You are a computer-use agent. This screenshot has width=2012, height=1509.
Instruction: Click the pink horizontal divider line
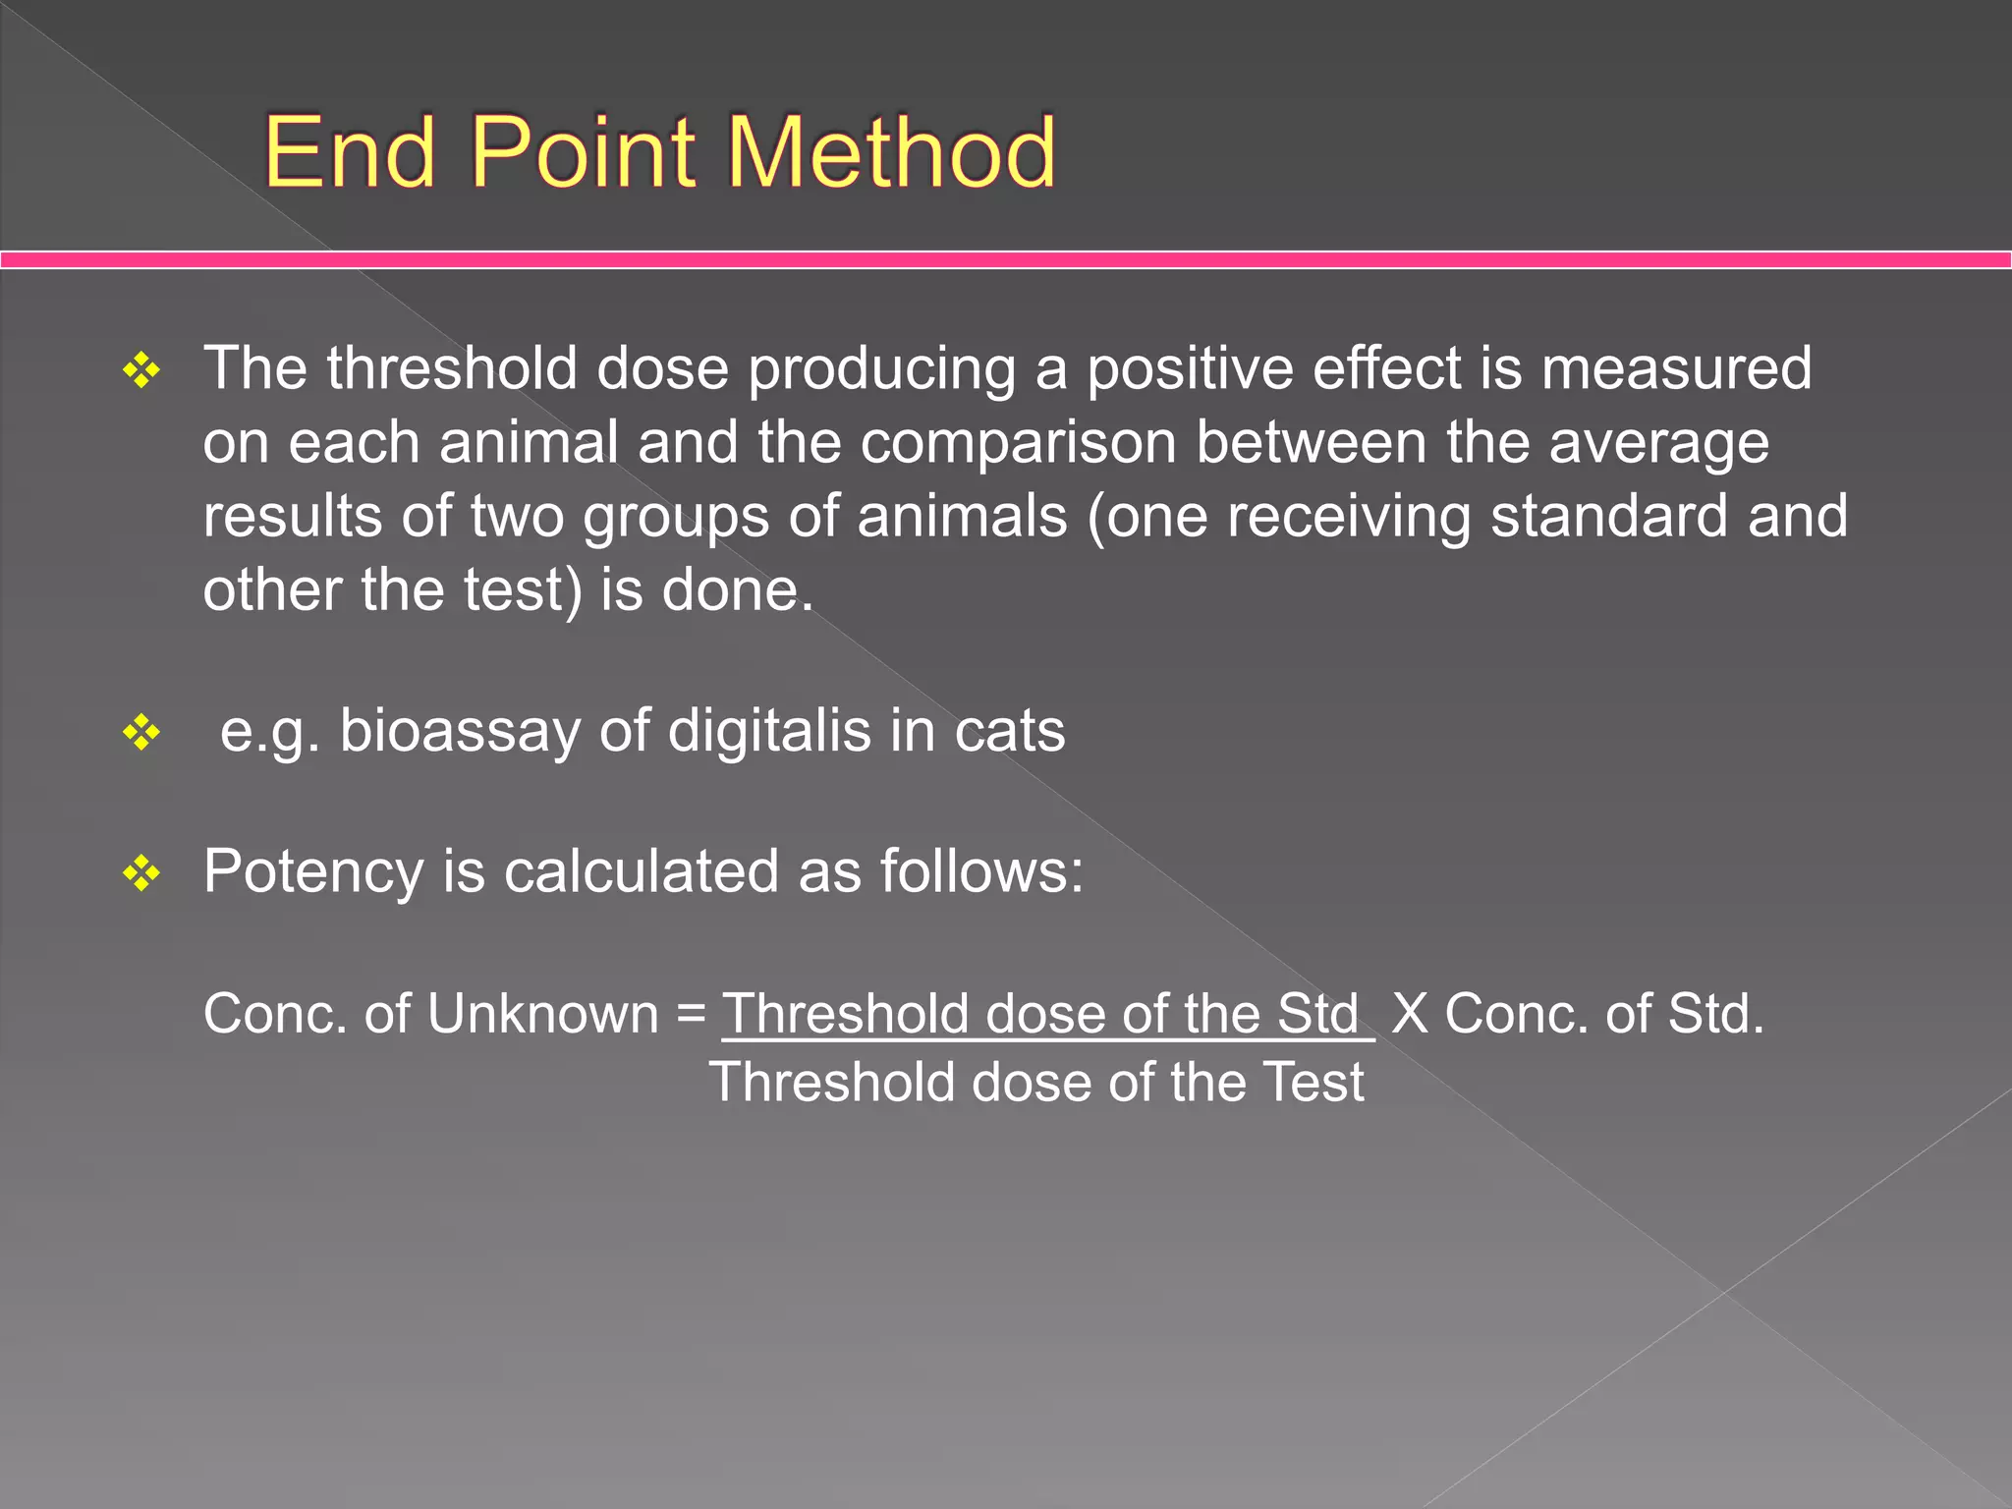click(1006, 259)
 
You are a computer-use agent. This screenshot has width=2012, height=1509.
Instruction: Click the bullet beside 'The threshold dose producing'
click(141, 371)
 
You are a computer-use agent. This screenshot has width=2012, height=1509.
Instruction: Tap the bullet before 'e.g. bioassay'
click(141, 733)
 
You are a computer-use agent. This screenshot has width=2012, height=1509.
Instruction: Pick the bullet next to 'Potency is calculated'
click(141, 872)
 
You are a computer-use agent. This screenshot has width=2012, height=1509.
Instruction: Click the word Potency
click(313, 872)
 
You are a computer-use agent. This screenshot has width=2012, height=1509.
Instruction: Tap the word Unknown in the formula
click(542, 1014)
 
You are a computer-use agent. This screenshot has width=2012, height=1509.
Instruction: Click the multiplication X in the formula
click(1410, 1014)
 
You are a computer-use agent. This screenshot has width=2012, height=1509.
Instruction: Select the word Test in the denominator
click(1313, 1084)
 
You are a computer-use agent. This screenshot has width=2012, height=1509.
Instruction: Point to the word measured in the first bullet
click(1676, 369)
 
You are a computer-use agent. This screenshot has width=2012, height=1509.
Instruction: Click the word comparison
click(1018, 444)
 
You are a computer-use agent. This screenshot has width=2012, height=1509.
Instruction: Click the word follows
click(981, 872)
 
